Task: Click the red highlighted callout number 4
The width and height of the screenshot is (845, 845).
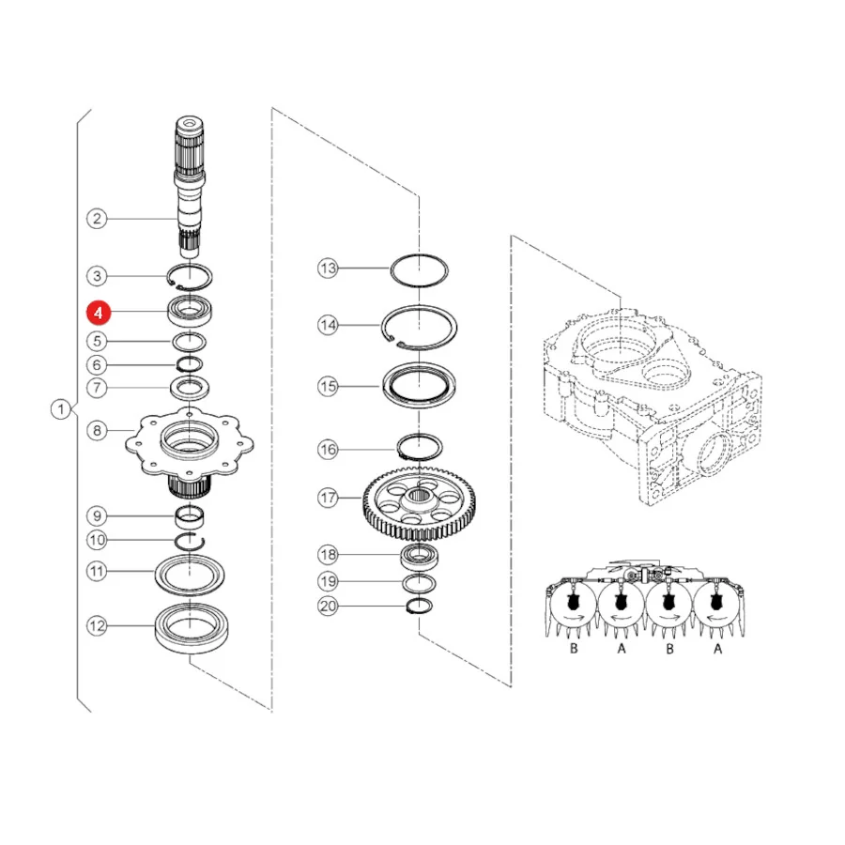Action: (98, 313)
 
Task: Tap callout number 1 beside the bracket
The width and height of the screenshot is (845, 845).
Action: (61, 409)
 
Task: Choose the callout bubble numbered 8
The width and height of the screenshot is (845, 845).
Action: (97, 430)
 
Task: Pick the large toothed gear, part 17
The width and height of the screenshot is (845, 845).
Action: (420, 505)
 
